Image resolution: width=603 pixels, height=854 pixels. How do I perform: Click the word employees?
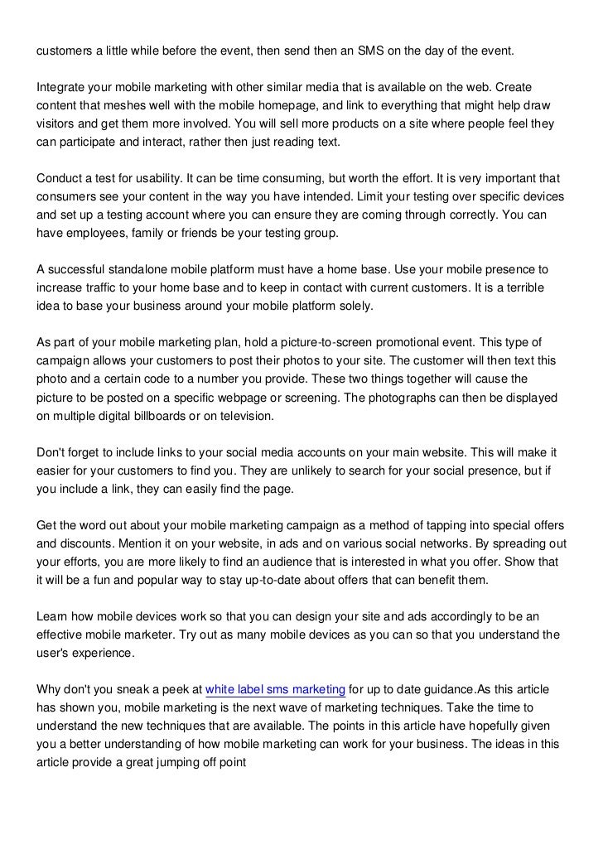point(99,234)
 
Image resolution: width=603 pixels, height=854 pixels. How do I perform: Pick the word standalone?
point(152,271)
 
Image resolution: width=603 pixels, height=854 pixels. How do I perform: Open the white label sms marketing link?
point(275,690)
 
